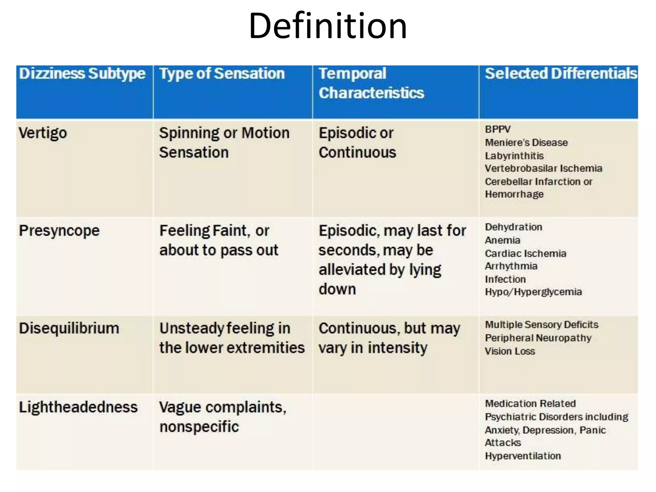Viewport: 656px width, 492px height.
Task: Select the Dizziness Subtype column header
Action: tap(82, 74)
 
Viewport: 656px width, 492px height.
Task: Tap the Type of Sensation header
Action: tap(222, 74)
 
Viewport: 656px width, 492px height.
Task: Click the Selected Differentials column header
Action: tap(561, 74)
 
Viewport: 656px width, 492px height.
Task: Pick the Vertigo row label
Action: tap(43, 133)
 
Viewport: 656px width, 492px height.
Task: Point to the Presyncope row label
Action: tap(59, 231)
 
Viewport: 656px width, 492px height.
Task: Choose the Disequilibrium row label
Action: tap(69, 329)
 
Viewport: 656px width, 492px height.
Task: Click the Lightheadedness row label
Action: tap(78, 407)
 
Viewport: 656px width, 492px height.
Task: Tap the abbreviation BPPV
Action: tap(498, 129)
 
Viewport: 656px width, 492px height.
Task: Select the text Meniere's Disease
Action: tap(526, 143)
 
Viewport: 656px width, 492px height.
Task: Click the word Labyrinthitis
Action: tap(514, 156)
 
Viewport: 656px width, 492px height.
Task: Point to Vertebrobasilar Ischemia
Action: tap(544, 168)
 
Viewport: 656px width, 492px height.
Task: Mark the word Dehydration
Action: tap(513, 227)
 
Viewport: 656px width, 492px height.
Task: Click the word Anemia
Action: tap(503, 240)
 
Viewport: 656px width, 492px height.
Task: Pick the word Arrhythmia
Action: tap(511, 266)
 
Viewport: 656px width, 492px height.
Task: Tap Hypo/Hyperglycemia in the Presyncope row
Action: tap(533, 292)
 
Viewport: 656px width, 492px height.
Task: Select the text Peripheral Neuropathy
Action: tap(538, 338)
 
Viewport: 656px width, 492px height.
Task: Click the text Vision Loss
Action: tap(510, 351)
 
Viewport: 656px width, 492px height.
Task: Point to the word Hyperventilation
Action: tap(523, 456)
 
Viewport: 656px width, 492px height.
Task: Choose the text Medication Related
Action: tap(530, 404)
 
